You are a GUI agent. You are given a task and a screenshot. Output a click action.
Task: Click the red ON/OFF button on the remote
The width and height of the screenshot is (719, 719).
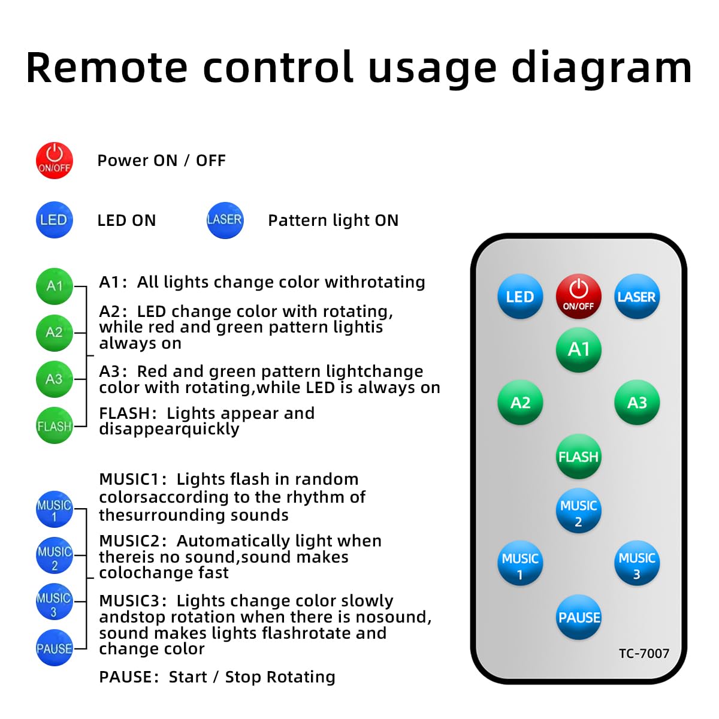tap(578, 296)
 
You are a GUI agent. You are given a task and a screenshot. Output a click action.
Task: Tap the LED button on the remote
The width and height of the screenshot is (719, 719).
tap(520, 296)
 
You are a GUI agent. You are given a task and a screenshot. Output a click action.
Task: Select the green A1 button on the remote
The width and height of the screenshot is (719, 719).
tap(578, 349)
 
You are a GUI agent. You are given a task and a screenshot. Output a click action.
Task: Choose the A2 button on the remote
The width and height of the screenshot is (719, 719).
tap(520, 402)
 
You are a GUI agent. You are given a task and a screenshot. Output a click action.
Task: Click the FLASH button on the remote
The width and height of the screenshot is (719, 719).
tap(578, 457)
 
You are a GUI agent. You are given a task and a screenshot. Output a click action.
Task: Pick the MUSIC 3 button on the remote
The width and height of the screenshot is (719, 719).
tap(637, 563)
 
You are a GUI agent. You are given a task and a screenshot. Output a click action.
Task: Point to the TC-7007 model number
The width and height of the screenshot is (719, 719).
tap(644, 653)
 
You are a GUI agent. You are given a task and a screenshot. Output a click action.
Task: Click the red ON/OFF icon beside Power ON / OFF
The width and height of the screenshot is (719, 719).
tap(55, 161)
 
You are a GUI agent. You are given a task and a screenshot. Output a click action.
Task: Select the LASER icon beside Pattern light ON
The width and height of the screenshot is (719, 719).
tap(225, 220)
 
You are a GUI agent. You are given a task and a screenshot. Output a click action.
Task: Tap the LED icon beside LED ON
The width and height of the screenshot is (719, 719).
tap(55, 220)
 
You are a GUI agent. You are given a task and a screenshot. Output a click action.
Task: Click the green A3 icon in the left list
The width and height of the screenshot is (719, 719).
tap(55, 379)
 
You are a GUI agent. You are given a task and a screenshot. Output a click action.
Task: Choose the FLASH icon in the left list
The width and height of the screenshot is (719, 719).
tap(55, 425)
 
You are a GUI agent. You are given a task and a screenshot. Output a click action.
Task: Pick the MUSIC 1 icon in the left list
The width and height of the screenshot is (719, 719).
tap(55, 509)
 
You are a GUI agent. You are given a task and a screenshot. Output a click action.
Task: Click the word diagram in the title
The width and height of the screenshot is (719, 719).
tap(602, 70)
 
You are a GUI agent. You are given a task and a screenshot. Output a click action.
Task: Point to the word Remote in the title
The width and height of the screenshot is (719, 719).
tap(106, 68)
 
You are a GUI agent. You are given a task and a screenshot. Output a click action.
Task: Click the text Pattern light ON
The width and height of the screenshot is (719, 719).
tap(333, 220)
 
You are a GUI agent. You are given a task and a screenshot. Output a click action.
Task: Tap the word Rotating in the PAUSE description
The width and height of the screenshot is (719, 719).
tap(301, 677)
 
